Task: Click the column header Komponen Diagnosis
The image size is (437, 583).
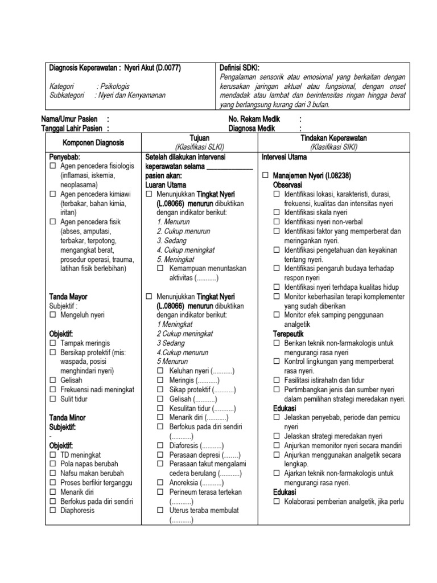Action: pyautogui.click(x=93, y=142)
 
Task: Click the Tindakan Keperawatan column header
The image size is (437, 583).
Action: pyautogui.click(x=333, y=138)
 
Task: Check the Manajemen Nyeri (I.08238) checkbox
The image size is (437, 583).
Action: pyautogui.click(x=265, y=176)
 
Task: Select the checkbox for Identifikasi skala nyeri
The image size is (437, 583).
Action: pyautogui.click(x=277, y=212)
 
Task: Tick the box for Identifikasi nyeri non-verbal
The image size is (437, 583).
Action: pyautogui.click(x=277, y=222)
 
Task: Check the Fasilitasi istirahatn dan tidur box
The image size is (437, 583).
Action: pyautogui.click(x=277, y=380)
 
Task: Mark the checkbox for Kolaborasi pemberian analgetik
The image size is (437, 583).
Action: pyautogui.click(x=277, y=502)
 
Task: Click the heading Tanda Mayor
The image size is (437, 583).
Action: pyautogui.click(x=68, y=297)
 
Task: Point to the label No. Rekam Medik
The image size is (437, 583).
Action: pyautogui.click(x=255, y=120)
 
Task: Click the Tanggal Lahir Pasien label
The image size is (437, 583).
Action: pyautogui.click(x=72, y=129)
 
